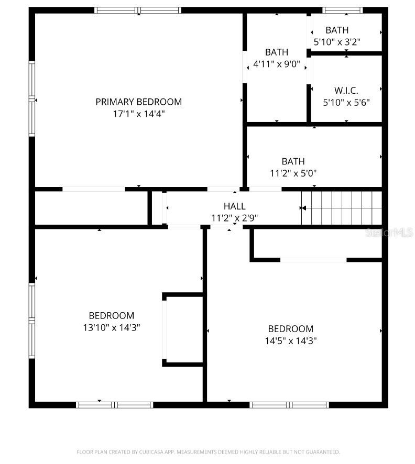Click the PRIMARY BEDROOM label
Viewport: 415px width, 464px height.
point(138,102)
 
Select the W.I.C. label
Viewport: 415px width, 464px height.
point(346,91)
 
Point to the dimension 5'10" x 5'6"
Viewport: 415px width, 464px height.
point(346,102)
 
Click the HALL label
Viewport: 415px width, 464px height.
point(234,206)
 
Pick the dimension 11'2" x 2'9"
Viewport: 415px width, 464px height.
point(234,218)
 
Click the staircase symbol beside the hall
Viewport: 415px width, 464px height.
point(341,208)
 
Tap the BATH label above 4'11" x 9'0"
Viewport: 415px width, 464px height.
point(276,52)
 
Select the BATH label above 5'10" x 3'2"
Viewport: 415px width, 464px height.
point(337,30)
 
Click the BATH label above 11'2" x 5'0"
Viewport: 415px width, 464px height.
point(293,161)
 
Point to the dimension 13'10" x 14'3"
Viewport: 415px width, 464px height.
point(111,327)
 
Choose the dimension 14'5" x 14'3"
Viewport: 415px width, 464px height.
point(290,340)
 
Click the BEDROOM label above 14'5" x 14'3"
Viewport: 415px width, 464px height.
point(290,329)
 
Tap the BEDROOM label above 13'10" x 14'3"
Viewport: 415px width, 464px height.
point(111,316)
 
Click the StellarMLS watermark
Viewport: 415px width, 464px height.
point(390,231)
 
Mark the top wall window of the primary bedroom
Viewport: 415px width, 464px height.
point(138,10)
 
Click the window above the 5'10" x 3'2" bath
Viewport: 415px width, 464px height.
point(342,10)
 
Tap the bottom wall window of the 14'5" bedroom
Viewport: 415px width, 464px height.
point(289,405)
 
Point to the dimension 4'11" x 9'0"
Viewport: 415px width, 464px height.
point(276,64)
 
